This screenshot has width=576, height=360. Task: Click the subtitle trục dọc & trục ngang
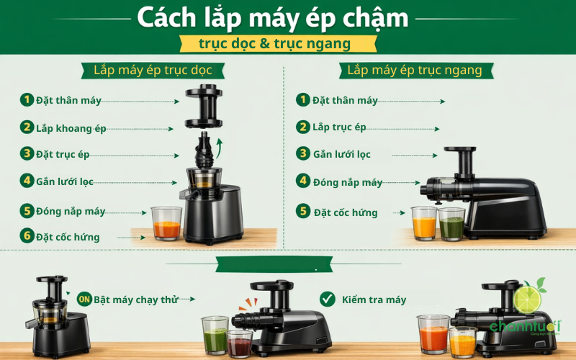click(x=274, y=44)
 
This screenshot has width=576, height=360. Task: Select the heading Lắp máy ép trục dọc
click(x=148, y=71)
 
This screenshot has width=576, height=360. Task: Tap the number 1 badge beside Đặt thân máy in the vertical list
click(x=27, y=99)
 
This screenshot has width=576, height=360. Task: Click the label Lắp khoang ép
click(x=71, y=128)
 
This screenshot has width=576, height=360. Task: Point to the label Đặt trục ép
click(x=63, y=154)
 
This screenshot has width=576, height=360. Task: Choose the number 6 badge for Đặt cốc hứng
click(x=27, y=236)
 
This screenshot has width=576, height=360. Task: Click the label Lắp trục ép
click(x=339, y=127)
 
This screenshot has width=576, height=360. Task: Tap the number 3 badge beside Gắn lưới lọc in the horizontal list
click(x=303, y=154)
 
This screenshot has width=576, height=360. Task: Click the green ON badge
click(x=84, y=299)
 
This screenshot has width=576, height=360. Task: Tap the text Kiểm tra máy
click(x=375, y=300)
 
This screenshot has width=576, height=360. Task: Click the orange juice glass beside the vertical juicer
click(x=166, y=224)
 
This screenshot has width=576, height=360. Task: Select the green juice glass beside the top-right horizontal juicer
click(x=451, y=225)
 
